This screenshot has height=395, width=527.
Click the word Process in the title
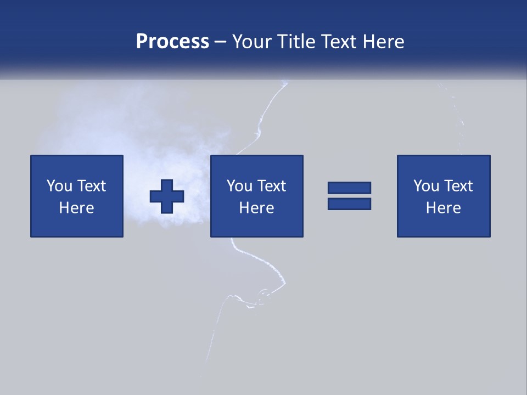172,42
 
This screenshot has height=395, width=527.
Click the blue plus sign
167,196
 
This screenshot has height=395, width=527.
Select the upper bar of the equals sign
349,188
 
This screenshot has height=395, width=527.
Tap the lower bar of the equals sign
349,204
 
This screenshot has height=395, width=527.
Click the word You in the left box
59,186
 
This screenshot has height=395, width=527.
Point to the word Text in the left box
91,186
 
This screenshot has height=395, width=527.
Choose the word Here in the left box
76,208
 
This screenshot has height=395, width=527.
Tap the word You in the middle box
239,186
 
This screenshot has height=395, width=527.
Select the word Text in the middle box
271,186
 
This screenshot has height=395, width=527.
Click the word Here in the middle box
256,208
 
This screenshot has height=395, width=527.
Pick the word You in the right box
426,186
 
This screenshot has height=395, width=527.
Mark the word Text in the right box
457,186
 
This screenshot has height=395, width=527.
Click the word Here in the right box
443,208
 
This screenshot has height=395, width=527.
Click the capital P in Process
142,42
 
